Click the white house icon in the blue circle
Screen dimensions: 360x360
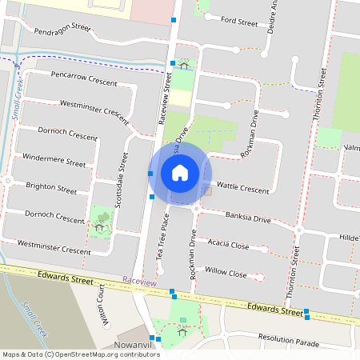(180, 172)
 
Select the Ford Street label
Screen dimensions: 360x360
(238, 22)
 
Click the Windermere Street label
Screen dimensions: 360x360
(54, 160)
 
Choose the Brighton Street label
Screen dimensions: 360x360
(51, 189)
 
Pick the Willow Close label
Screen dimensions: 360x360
(226, 273)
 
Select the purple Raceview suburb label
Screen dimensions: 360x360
(140, 282)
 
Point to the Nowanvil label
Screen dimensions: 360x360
(138, 345)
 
